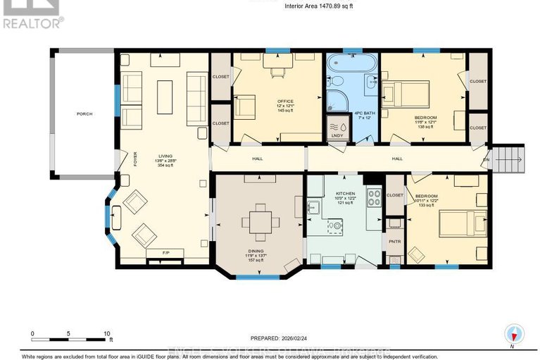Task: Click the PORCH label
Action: [x=84, y=113]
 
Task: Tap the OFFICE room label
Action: [x=285, y=101]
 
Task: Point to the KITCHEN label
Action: [x=345, y=192]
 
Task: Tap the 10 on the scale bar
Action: [x=106, y=334]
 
